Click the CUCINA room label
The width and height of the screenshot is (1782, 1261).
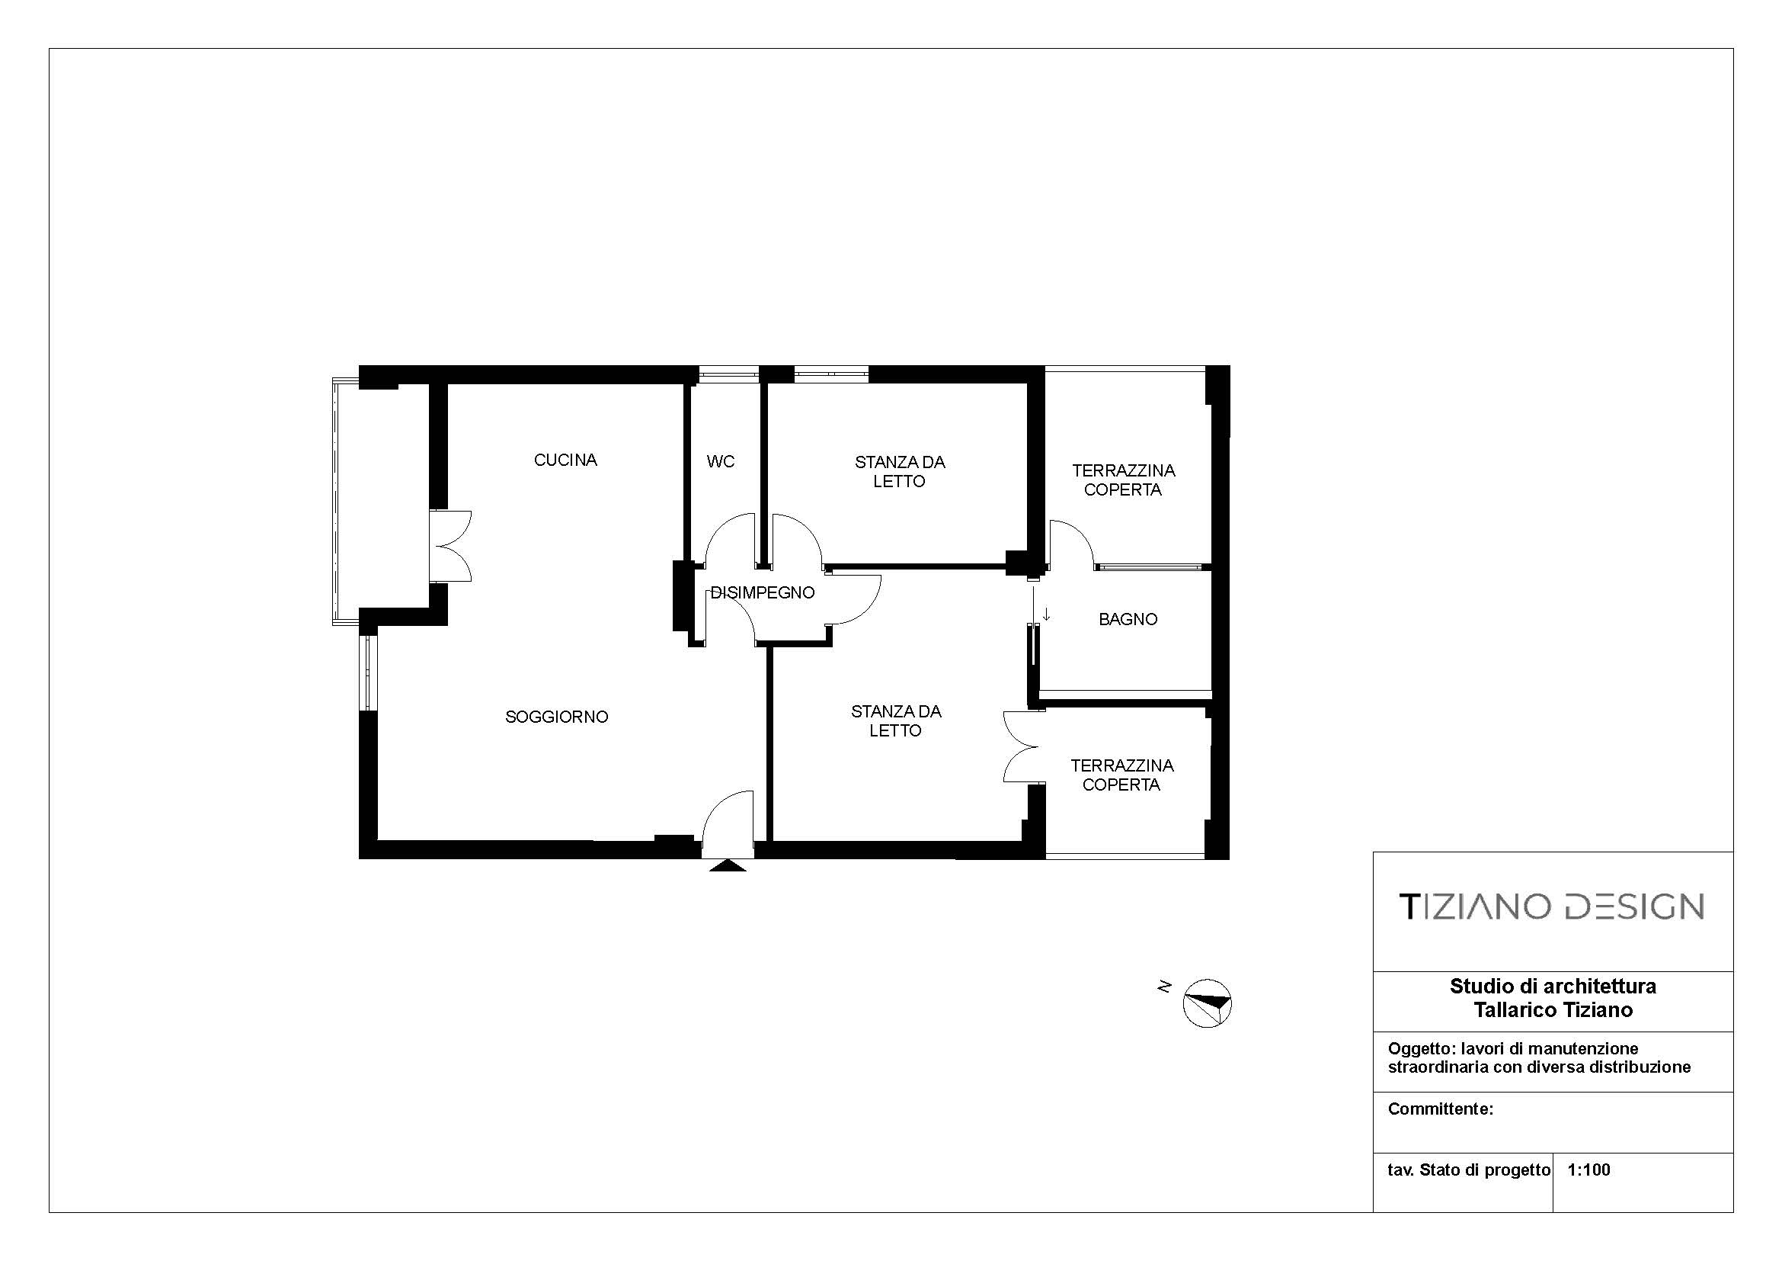(565, 460)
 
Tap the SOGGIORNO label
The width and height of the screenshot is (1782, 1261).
(556, 717)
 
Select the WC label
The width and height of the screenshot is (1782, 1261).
(720, 461)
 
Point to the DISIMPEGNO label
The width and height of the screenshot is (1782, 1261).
(763, 592)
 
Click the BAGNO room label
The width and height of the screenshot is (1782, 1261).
(1128, 619)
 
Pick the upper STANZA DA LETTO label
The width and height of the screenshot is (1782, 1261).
(900, 471)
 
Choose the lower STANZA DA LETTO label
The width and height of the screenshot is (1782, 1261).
(896, 720)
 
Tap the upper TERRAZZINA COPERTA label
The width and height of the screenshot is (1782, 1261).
(1123, 480)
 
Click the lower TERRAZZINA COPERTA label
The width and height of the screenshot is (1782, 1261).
(1121, 775)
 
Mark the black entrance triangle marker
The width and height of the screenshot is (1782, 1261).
(728, 865)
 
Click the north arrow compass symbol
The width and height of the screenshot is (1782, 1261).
(1207, 1003)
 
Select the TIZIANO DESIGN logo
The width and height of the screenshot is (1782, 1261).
(1550, 906)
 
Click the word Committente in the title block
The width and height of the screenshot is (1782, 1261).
(1440, 1109)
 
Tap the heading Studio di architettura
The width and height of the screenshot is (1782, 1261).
(1553, 986)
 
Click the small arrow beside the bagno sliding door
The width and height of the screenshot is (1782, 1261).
(1046, 614)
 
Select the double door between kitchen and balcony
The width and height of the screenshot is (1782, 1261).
(452, 546)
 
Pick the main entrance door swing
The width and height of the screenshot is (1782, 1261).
(728, 824)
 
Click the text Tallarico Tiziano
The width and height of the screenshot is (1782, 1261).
(1553, 1009)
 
